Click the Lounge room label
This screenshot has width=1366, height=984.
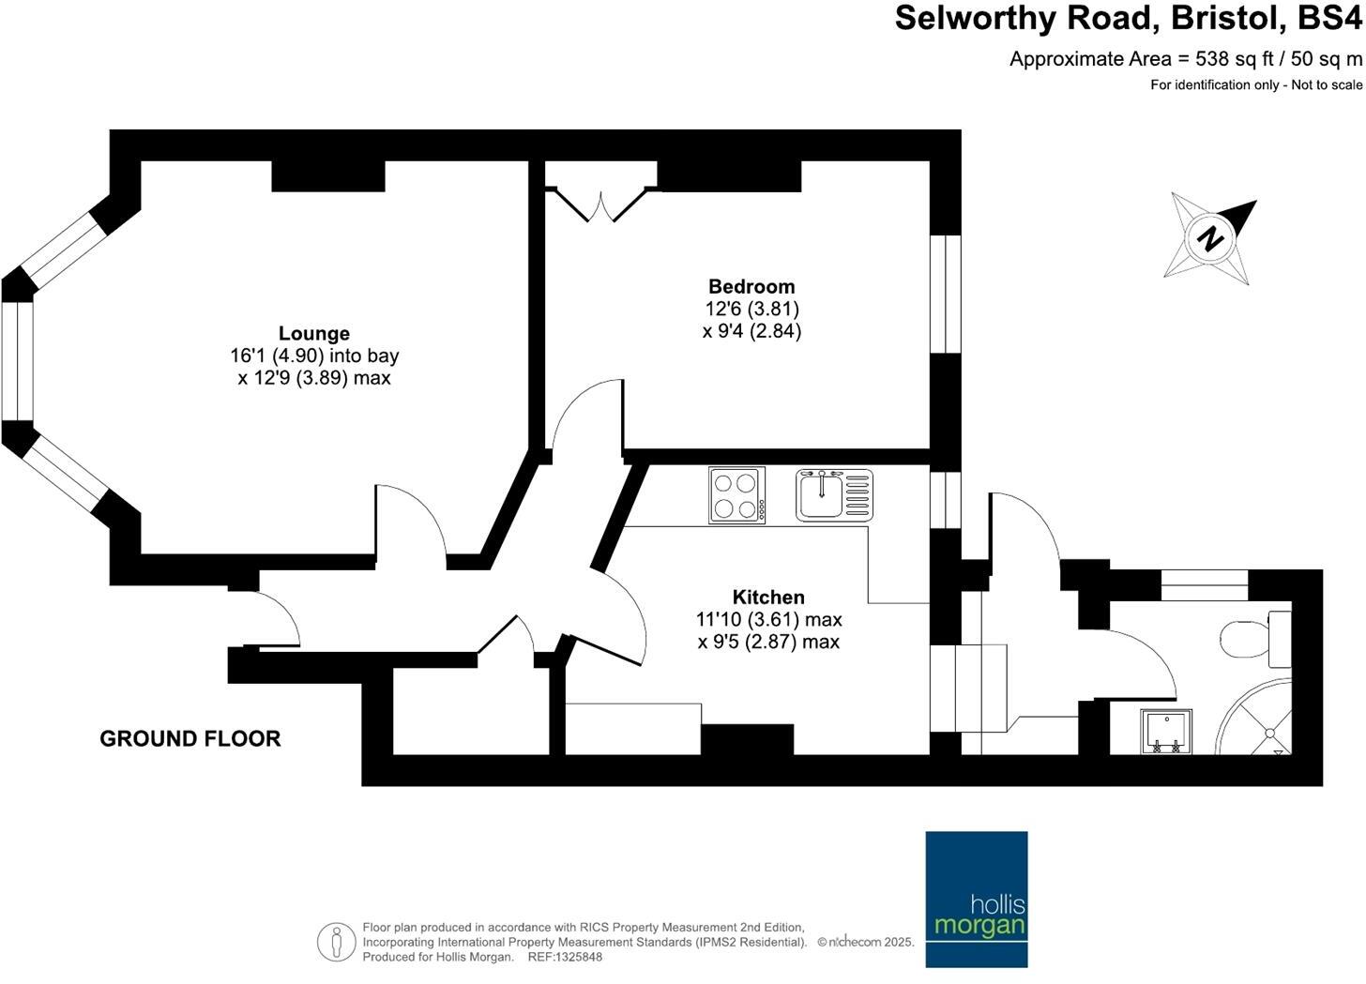point(314,334)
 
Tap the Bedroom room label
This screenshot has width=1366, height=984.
point(751,287)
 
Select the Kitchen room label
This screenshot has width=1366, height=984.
point(768,598)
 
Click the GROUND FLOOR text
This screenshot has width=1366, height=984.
point(190,739)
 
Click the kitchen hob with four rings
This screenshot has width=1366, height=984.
point(736,494)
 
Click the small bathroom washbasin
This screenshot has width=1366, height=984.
point(1165,732)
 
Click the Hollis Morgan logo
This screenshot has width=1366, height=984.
point(976,899)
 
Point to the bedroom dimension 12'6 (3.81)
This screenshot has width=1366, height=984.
point(751,309)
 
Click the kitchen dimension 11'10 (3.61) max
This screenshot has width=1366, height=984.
point(768,620)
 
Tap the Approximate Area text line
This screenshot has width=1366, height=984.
point(1185,59)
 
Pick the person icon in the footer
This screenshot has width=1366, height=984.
point(335,942)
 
